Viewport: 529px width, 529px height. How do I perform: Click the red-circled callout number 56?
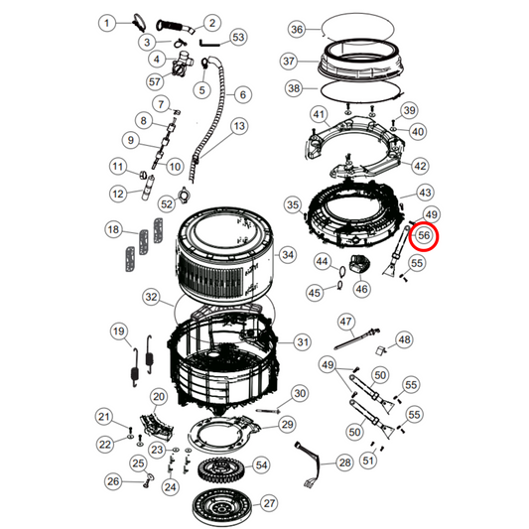(424, 236)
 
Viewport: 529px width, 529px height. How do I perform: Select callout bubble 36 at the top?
(297, 30)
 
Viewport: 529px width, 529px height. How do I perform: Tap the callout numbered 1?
(111, 22)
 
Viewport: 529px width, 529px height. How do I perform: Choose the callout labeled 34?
(288, 255)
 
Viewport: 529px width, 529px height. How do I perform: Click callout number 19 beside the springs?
(118, 331)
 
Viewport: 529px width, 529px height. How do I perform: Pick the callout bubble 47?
(345, 321)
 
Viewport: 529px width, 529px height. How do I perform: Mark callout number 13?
(238, 126)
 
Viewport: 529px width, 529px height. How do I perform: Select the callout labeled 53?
(237, 37)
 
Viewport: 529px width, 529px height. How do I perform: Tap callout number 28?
(344, 463)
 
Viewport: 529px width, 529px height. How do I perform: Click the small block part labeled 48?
(380, 349)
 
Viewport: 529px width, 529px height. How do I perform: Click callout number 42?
(421, 166)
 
